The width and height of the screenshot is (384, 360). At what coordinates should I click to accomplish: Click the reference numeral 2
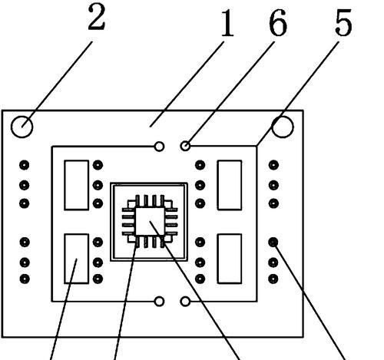tap(97, 18)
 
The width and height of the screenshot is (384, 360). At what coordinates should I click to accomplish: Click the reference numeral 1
tap(227, 22)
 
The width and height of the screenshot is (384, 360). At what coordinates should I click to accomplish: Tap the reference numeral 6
tap(278, 22)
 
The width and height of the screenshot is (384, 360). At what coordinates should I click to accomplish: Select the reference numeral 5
tap(343, 22)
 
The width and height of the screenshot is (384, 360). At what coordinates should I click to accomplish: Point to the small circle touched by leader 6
tap(185, 146)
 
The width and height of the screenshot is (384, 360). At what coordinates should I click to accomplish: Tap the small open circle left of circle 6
tap(159, 147)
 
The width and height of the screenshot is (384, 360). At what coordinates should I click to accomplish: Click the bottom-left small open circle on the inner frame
tap(159, 302)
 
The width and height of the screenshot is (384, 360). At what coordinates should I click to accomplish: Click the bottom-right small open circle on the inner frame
tap(185, 302)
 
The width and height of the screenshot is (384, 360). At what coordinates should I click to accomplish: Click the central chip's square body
tap(150, 221)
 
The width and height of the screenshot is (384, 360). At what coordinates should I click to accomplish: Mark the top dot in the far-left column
tap(25, 165)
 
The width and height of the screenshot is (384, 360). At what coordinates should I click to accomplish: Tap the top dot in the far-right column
tap(273, 165)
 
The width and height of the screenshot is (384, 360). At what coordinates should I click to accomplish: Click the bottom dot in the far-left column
tap(25, 279)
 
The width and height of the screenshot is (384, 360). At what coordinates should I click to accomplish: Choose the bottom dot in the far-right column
tap(273, 279)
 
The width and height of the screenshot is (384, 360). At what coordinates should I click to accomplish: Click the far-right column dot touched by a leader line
tap(273, 242)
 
